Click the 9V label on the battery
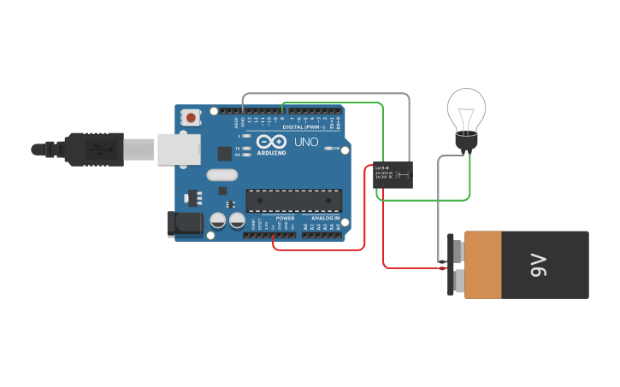(538, 266)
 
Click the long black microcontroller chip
(293, 200)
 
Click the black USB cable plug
(97, 149)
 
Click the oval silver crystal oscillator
(220, 176)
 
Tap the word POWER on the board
(285, 219)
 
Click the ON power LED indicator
(328, 148)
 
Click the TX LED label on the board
(239, 149)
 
